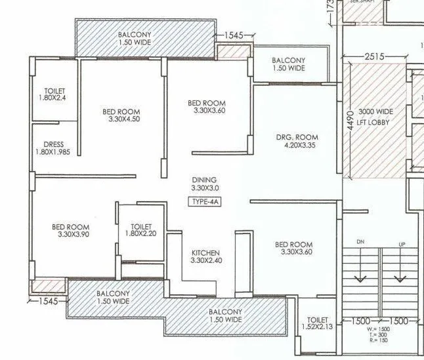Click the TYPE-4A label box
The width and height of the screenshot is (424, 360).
click(204, 202)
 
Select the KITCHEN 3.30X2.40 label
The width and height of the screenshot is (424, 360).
click(205, 257)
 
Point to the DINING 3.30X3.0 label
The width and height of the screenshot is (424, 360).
click(204, 184)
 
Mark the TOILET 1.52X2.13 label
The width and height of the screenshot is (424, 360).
click(318, 323)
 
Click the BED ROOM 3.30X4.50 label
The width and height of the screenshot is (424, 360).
click(121, 115)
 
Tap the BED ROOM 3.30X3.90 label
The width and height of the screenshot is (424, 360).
click(70, 231)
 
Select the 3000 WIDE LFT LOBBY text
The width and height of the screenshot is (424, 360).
click(374, 117)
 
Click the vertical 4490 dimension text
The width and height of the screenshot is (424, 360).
click(351, 118)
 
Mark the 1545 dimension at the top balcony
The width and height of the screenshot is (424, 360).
click(235, 35)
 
